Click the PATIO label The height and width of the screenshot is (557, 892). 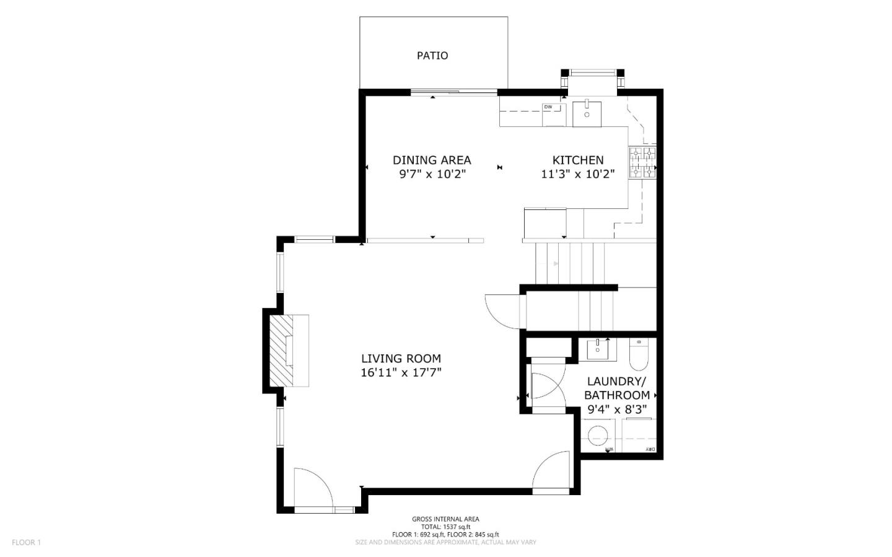[x=432, y=56]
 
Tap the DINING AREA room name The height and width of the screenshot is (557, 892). [x=432, y=160]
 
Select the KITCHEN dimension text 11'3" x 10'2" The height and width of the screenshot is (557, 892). [x=577, y=174]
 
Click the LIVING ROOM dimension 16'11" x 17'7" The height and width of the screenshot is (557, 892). [x=401, y=372]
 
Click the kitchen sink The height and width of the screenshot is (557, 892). [x=587, y=114]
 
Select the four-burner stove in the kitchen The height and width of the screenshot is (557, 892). [x=642, y=163]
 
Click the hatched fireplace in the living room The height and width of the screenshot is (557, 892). [x=289, y=351]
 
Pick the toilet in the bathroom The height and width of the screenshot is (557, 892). [x=639, y=353]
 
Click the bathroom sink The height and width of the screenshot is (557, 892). [x=598, y=349]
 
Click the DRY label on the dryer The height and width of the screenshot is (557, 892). [x=650, y=449]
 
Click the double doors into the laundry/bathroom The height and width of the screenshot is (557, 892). [x=545, y=387]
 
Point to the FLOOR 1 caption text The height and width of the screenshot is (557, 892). [x=26, y=543]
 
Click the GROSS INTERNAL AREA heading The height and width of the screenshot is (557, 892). [x=445, y=519]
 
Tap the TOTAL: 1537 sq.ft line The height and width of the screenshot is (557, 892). [x=445, y=527]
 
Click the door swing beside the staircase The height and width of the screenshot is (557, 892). [x=503, y=309]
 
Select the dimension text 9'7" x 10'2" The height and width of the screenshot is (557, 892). [x=432, y=174]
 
